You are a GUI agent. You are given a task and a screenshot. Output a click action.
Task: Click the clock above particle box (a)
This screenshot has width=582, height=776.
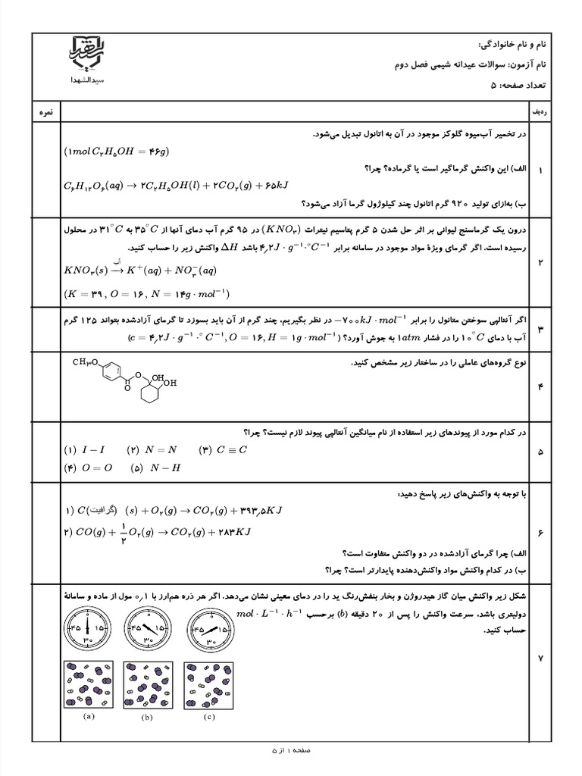click(x=87, y=626)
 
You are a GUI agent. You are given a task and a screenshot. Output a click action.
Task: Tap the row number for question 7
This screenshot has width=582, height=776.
click(x=541, y=659)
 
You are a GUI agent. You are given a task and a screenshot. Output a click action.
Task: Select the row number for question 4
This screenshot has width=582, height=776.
click(x=541, y=387)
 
